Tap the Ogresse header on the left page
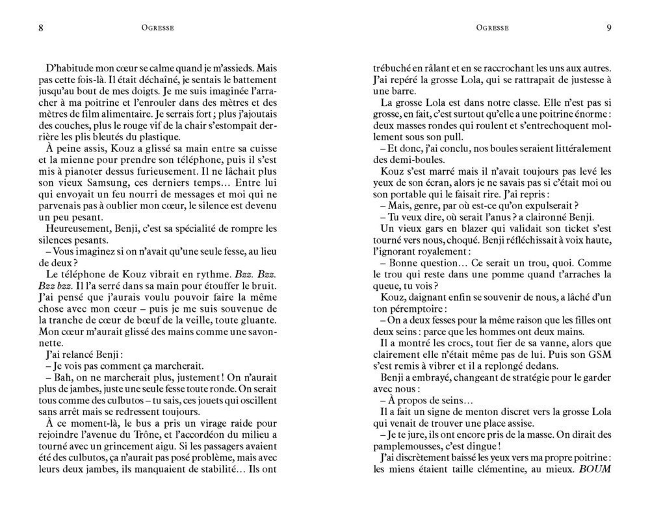[158, 27]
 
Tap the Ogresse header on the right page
[492, 27]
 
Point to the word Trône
[151, 434]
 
